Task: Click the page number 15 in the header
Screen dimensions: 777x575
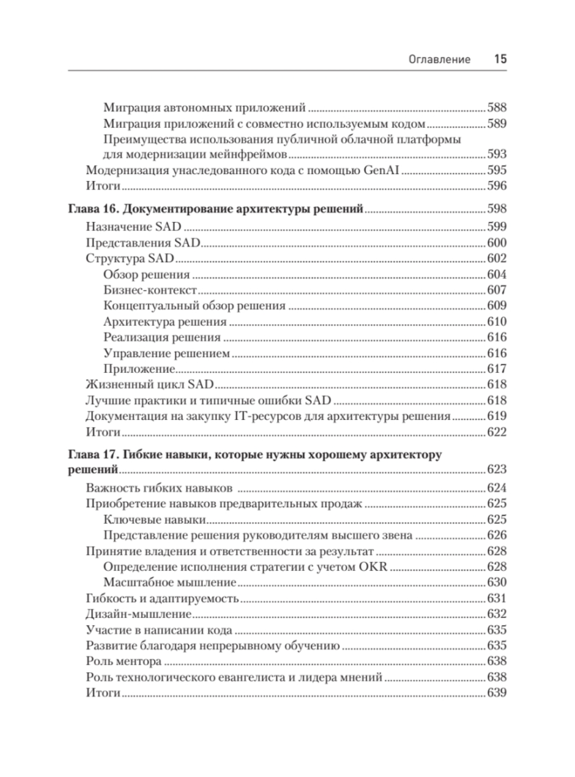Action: click(500, 59)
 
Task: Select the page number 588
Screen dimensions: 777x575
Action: click(497, 108)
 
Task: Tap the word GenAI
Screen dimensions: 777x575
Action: click(382, 170)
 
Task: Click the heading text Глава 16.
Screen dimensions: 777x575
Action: click(91, 209)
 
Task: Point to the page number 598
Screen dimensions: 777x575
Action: click(497, 209)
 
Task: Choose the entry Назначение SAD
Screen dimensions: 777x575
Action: click(134, 227)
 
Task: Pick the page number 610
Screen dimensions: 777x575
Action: click(497, 322)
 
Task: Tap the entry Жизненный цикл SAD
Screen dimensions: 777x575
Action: click(150, 384)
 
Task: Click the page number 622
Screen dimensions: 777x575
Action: click(497, 432)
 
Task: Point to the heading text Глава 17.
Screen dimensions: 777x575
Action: click(91, 455)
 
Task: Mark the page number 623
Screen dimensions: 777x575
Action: click(497, 470)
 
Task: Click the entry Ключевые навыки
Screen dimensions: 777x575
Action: click(154, 519)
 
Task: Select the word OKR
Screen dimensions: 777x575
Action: click(373, 566)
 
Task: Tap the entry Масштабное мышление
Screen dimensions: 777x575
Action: click(169, 582)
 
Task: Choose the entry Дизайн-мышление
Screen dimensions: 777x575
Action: click(140, 614)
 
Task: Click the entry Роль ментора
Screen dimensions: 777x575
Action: click(124, 661)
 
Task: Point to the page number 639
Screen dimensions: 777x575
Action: click(497, 693)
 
